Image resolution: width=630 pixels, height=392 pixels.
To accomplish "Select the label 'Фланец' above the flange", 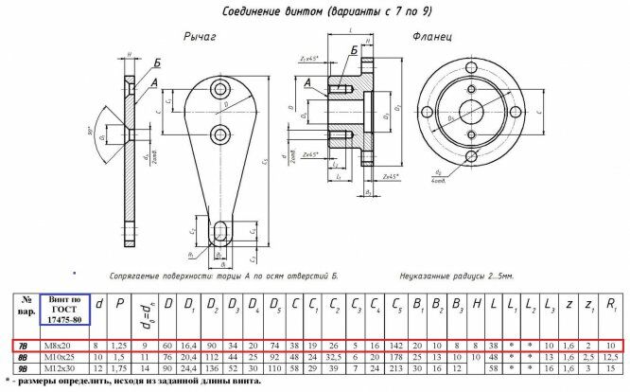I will click(431, 37).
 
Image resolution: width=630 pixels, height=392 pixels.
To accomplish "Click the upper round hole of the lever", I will click(220, 89).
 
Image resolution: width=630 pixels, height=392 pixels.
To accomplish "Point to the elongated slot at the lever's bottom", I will click(219, 231).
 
